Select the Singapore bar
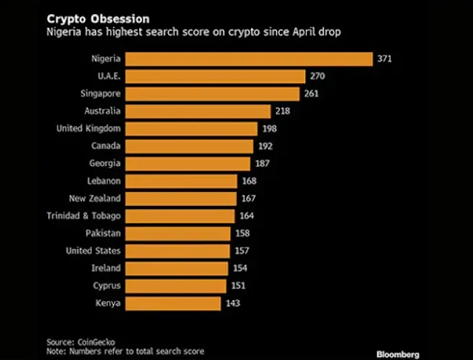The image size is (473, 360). coord(213,93)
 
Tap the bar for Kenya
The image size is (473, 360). coord(173,303)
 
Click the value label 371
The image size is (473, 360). coord(384,59)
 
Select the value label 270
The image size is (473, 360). coord(318,76)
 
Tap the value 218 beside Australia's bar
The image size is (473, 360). coord(283,111)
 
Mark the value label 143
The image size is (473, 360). coord(232,303)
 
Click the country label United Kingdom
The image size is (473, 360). coord(89,128)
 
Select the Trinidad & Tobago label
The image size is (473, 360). coord(84,216)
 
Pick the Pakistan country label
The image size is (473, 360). coord(103,233)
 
